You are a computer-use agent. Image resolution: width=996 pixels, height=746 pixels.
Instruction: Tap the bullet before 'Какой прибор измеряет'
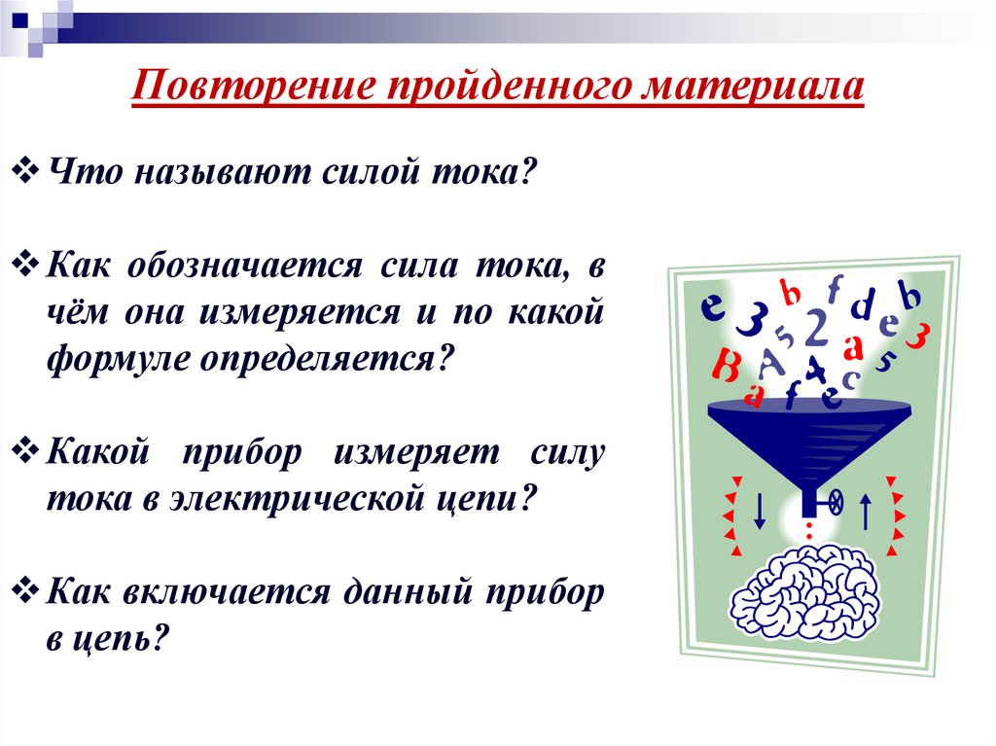click(x=27, y=451)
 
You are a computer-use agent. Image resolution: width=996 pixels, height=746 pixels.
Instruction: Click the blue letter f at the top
click(x=834, y=289)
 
